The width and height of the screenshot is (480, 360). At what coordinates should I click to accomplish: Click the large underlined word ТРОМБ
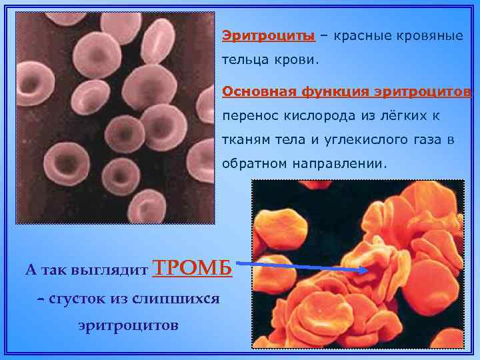[x=193, y=268]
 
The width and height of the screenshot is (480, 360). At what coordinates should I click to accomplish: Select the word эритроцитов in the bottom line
[x=128, y=326]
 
